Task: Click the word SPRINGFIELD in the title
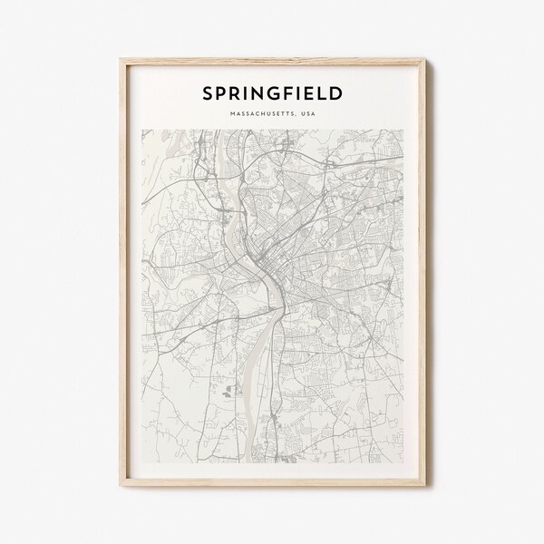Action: click(271, 92)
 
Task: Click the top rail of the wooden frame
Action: click(272, 58)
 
